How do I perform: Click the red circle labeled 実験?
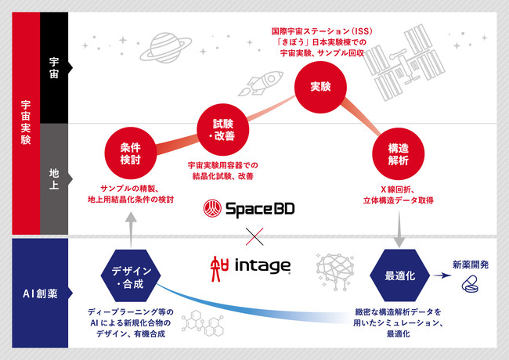tap(320, 87)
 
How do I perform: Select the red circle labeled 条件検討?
tap(131, 153)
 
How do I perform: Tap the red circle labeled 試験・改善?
tap(222, 129)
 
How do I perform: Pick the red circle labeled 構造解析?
tap(399, 153)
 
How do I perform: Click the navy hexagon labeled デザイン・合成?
tap(131, 275)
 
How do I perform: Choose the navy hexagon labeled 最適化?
tap(399, 275)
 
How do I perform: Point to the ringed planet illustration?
tap(165, 48)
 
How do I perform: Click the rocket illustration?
tap(261, 83)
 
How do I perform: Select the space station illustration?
tap(405, 63)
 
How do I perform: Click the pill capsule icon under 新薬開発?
tap(470, 284)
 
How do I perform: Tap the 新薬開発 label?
tap(471, 265)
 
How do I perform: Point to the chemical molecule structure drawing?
tap(203, 323)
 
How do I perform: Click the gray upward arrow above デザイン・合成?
tap(131, 230)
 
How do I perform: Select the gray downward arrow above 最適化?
tap(399, 229)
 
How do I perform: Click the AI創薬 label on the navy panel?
tap(40, 293)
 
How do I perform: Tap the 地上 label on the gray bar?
tap(54, 178)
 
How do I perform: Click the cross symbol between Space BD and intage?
tap(254, 236)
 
